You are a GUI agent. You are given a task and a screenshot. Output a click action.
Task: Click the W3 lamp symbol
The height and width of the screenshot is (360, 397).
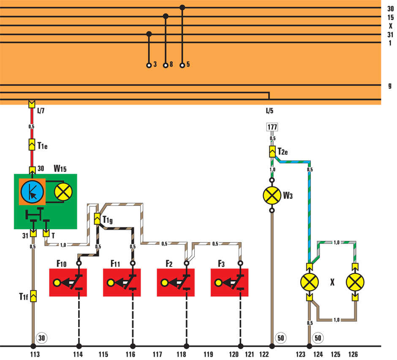(x=272, y=195)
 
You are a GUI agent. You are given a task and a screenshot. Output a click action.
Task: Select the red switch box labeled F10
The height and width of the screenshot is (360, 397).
(x=68, y=282)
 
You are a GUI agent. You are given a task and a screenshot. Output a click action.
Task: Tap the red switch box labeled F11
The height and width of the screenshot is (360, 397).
(x=122, y=282)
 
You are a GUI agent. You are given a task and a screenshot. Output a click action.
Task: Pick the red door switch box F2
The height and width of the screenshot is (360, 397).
(x=176, y=282)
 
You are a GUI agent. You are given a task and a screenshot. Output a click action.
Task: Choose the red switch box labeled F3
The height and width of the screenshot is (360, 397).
(x=229, y=282)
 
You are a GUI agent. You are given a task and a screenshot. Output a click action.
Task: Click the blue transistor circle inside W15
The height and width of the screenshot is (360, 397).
(x=32, y=192)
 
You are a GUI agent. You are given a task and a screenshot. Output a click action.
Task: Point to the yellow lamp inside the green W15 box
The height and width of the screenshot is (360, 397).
(x=63, y=192)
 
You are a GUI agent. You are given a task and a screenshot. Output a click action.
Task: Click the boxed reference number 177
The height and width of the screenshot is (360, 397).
(x=272, y=127)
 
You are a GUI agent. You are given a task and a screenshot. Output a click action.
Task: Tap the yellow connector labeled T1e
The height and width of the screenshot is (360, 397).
(x=32, y=145)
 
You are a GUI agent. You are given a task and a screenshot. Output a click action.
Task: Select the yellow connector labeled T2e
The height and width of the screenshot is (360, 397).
(x=272, y=152)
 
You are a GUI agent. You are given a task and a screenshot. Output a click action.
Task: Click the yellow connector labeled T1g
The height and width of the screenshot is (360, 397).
(x=97, y=219)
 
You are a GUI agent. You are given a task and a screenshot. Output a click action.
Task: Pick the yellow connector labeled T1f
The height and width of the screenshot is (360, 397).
(x=33, y=296)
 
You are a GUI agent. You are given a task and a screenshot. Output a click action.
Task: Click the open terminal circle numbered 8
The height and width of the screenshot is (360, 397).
(x=166, y=65)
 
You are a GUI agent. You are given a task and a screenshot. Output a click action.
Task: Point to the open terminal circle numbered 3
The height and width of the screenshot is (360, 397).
(x=149, y=65)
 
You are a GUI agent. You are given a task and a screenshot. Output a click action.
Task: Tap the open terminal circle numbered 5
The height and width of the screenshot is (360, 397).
(x=182, y=65)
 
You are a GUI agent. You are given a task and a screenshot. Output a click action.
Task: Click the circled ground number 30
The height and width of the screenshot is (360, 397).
(x=42, y=338)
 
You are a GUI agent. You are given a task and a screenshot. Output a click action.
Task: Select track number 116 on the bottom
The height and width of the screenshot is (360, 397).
(x=131, y=354)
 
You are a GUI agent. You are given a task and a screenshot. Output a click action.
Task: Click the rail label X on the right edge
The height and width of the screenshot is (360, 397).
(x=391, y=26)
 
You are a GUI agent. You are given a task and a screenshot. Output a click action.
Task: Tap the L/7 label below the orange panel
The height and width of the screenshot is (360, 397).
(x=41, y=111)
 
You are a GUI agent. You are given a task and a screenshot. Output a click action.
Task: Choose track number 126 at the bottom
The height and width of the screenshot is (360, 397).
(x=353, y=354)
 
